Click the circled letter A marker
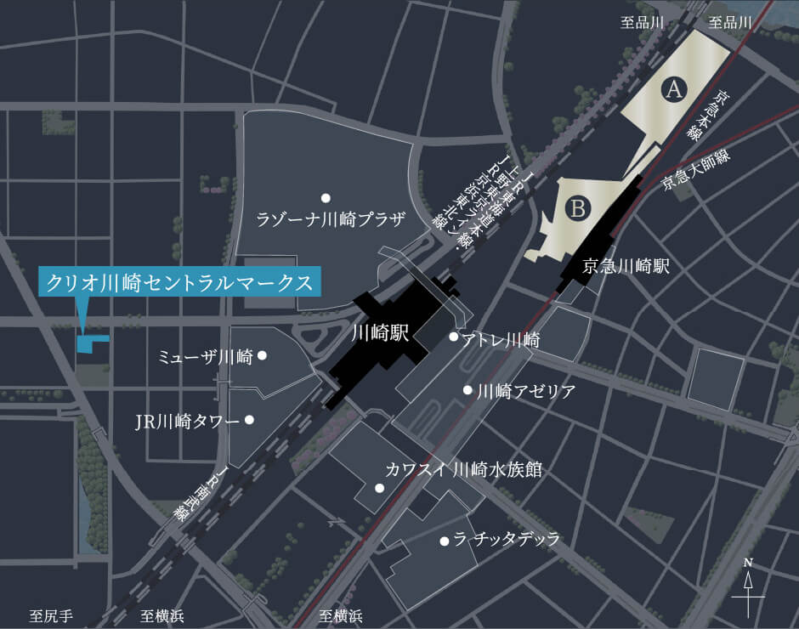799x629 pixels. point(674,88)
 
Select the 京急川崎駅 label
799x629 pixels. point(626,266)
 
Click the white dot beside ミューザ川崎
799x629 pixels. point(263,355)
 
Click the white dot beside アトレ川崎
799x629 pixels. point(454,337)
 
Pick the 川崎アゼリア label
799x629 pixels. point(526,391)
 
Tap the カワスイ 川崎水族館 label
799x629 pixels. point(463,468)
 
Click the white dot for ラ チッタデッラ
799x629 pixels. point(444,541)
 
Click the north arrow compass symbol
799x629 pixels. point(748,586)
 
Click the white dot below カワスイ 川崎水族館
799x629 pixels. point(378,488)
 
